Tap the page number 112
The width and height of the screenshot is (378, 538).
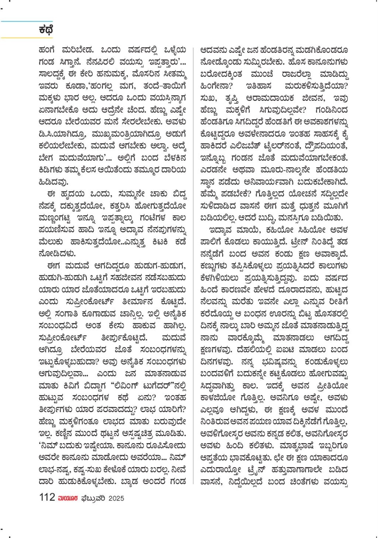click(47, 497)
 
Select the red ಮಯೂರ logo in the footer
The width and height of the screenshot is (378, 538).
click(68, 498)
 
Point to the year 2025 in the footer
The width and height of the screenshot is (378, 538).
click(116, 498)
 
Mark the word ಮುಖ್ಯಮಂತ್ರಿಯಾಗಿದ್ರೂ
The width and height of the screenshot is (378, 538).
click(127, 134)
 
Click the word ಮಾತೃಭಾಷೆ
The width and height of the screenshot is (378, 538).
click(298, 446)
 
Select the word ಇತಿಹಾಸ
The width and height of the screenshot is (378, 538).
click(259, 86)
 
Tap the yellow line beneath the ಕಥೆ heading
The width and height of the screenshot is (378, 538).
click(26, 37)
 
